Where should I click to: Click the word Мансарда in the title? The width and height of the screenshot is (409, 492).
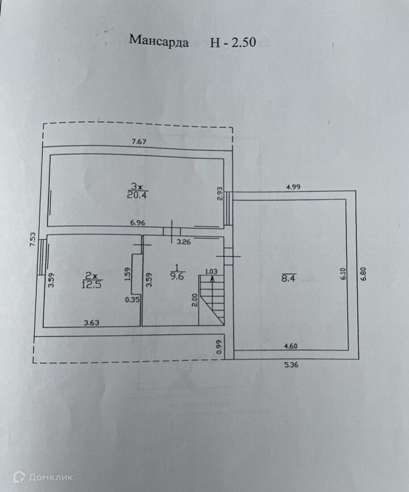click(159, 40)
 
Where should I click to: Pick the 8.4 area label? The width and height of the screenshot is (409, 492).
click(288, 278)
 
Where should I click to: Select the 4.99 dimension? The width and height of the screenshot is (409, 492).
click(294, 186)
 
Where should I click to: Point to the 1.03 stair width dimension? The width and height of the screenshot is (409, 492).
click(211, 271)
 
